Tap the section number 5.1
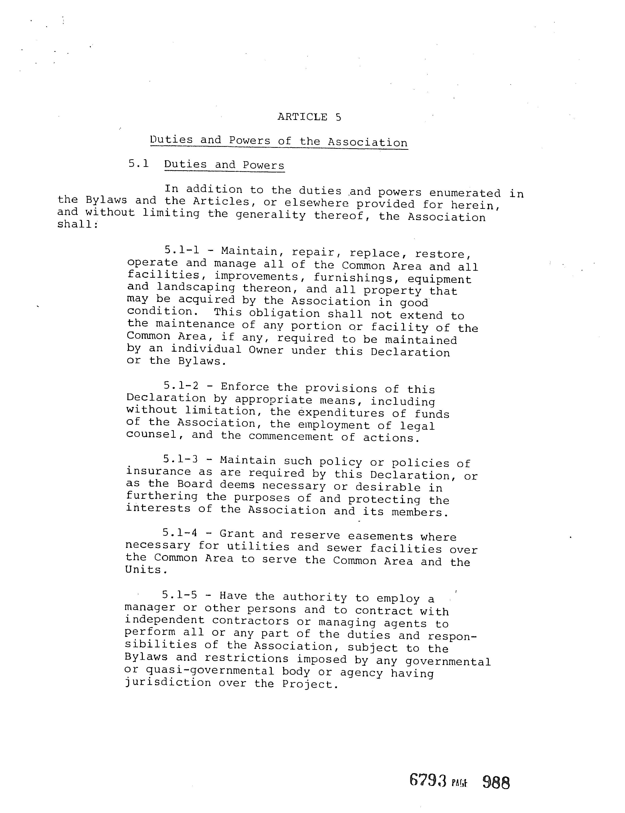138,163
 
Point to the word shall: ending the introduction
77,225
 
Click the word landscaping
196,288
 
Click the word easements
380,536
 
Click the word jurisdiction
167,683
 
